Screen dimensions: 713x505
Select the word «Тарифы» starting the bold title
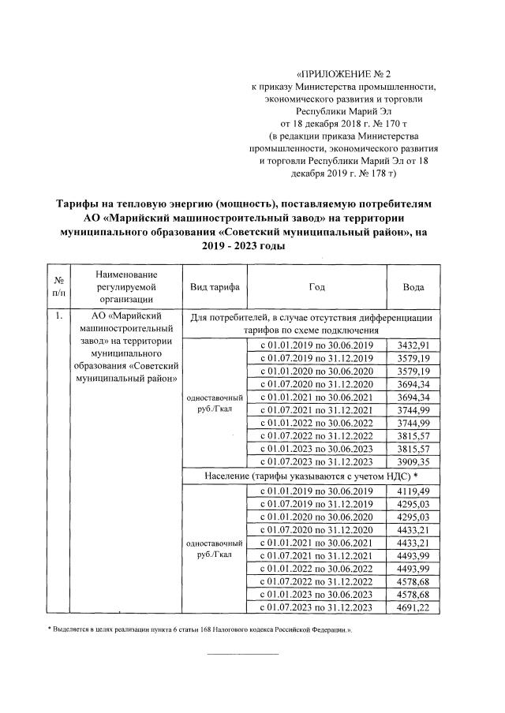[x=80, y=204]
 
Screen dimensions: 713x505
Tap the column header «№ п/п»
[x=58, y=287]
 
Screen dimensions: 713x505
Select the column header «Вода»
[x=413, y=287]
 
